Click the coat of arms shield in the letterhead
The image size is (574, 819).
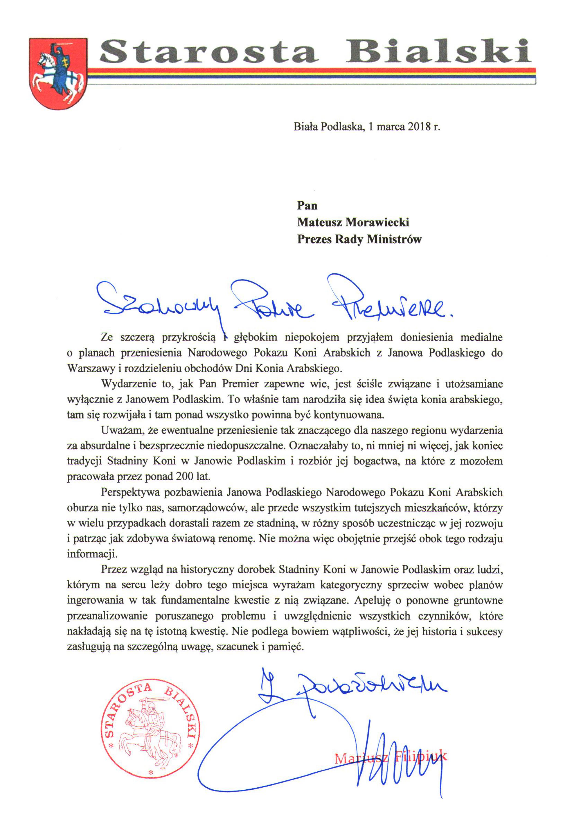(58, 73)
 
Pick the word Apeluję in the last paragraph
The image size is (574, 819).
(374, 600)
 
